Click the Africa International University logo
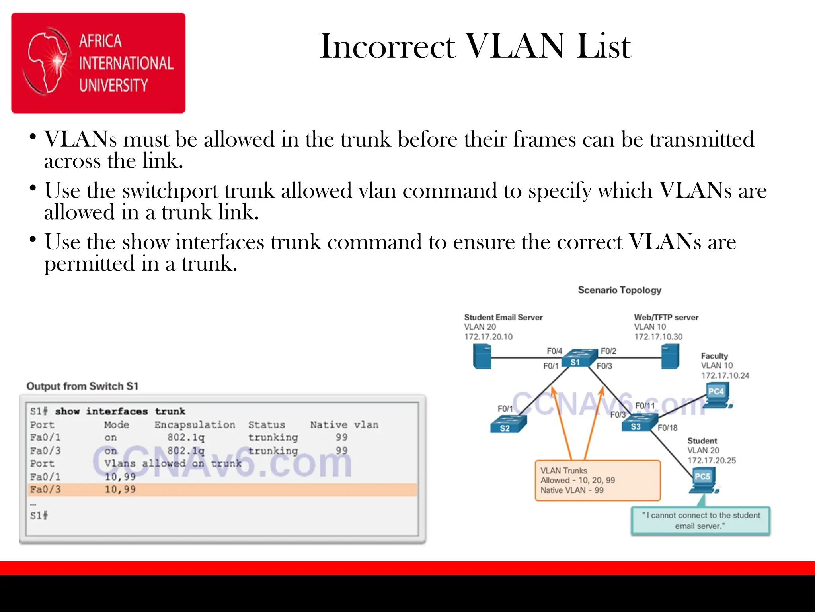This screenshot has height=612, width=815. pos(98,63)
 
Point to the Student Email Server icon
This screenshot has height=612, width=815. pos(482,356)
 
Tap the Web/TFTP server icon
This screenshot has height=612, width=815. pos(670,356)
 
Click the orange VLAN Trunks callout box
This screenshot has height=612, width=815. pos(597,481)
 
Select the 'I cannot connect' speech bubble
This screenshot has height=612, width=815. pos(700,520)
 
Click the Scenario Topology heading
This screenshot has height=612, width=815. pos(620,290)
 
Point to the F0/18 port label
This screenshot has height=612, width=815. pos(667,428)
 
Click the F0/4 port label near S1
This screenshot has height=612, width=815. pos(554,351)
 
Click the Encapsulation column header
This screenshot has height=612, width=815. pos(195,425)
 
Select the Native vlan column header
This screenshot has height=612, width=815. pos(344,425)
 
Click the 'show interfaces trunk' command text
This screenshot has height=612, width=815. pos(120,411)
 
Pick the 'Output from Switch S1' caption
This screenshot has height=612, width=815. pos(82,386)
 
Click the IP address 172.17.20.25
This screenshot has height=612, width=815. pos(712,461)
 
